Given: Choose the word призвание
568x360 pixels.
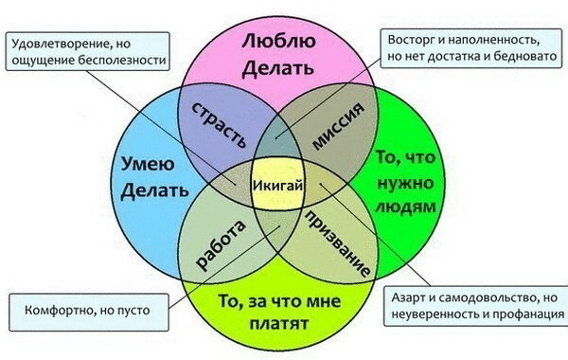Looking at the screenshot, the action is point(338,244).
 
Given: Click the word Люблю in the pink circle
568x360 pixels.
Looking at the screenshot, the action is point(277,42).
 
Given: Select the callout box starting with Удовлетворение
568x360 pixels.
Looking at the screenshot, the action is point(86,49).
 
